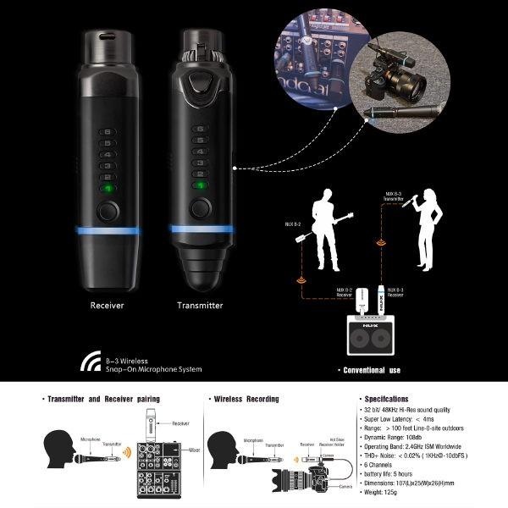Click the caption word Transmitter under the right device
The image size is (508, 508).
pos(200,305)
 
